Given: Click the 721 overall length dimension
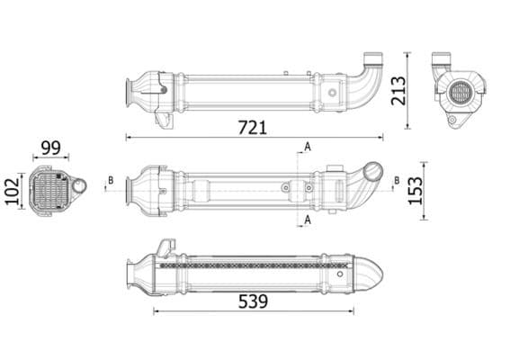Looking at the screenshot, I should pos(252,127).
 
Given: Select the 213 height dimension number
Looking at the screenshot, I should pos(399,90).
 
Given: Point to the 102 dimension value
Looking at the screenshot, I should pos(13,190).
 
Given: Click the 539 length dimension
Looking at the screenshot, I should pos(252,301).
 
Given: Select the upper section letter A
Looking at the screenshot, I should pos(308,146).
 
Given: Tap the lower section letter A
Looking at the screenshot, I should pos(308,219).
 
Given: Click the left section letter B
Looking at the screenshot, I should pos(111,181).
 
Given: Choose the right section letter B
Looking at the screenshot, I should pos(395,181).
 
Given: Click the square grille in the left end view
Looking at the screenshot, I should pos(49,188).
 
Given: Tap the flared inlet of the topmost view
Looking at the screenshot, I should pos(132,90).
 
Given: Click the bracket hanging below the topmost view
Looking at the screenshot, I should pos(163,117).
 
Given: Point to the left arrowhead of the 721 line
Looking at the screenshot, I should pos(128,138).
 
